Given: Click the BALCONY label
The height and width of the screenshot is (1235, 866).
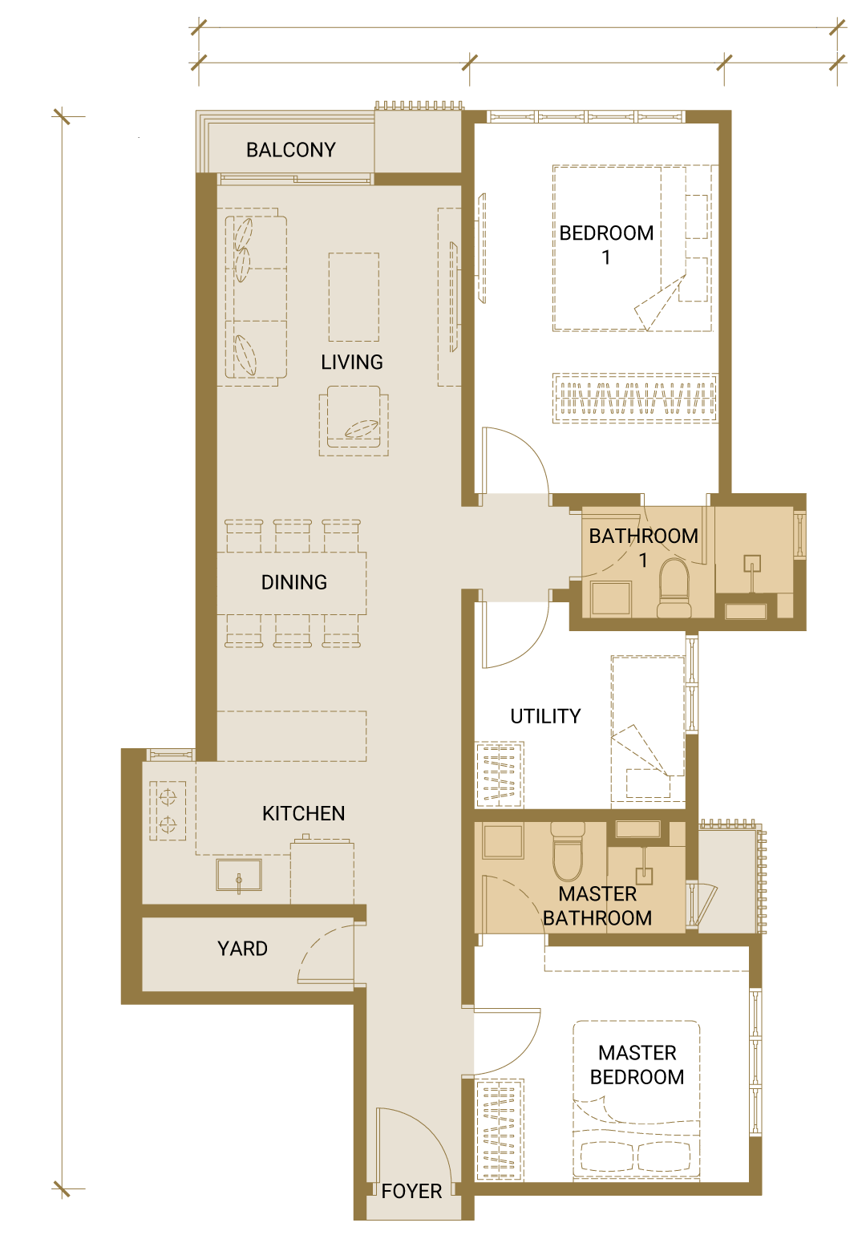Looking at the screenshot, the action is click(290, 150).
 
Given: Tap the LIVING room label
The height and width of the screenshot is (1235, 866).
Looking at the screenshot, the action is click(352, 362).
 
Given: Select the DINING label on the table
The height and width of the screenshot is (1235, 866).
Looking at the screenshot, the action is click(293, 582).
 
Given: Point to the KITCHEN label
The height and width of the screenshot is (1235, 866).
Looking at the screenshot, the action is click(303, 813).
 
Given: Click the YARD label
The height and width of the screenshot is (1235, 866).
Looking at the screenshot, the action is click(242, 948).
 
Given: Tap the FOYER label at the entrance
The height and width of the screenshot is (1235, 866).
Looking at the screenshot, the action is click(411, 1191).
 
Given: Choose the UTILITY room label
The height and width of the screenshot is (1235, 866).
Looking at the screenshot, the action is click(545, 716).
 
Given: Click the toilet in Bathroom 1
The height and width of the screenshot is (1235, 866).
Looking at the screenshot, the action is click(674, 588).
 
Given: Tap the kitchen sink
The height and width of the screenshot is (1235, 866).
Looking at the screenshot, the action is click(239, 875).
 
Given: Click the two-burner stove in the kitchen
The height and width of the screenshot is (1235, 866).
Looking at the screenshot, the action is click(168, 811).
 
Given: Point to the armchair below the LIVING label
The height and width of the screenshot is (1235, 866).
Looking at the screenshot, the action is click(354, 421).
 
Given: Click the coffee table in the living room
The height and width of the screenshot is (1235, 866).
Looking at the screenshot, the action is click(354, 297).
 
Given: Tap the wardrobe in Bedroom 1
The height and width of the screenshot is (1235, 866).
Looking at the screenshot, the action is click(634, 398).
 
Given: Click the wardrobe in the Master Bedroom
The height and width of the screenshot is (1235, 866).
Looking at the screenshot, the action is click(500, 1129).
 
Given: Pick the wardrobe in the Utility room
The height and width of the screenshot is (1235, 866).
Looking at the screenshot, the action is click(500, 774).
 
